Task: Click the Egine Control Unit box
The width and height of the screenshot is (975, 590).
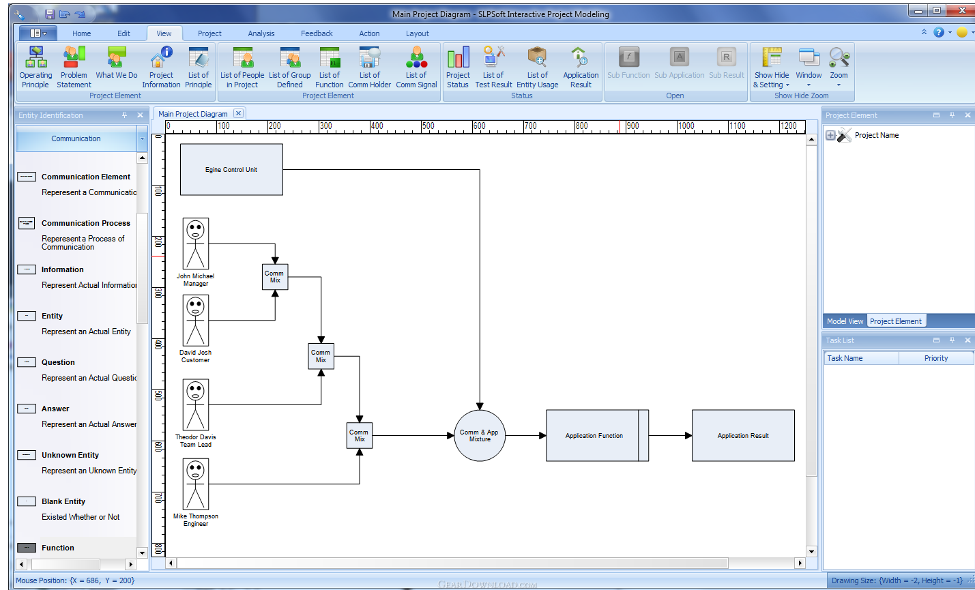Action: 231,169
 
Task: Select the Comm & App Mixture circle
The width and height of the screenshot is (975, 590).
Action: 480,436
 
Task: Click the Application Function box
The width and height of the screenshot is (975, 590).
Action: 597,436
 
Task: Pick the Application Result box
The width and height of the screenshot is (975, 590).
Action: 743,436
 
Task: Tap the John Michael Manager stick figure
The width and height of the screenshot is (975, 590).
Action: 195,244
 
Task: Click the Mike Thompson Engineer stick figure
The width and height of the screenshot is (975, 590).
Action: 195,484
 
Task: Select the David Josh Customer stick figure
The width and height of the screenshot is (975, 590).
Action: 195,321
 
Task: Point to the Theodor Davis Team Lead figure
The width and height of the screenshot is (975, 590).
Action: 195,404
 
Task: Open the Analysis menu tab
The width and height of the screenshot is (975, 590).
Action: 261,33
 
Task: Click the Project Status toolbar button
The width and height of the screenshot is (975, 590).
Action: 458,68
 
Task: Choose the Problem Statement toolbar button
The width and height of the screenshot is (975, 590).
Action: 74,68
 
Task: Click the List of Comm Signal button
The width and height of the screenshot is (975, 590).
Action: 416,68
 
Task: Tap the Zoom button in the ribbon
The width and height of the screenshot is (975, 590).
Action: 839,68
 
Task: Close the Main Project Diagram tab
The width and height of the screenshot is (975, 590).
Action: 238,113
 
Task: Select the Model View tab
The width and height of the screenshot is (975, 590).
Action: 845,321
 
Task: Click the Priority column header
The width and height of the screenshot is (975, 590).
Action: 936,358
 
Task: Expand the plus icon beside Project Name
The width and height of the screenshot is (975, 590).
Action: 830,135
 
